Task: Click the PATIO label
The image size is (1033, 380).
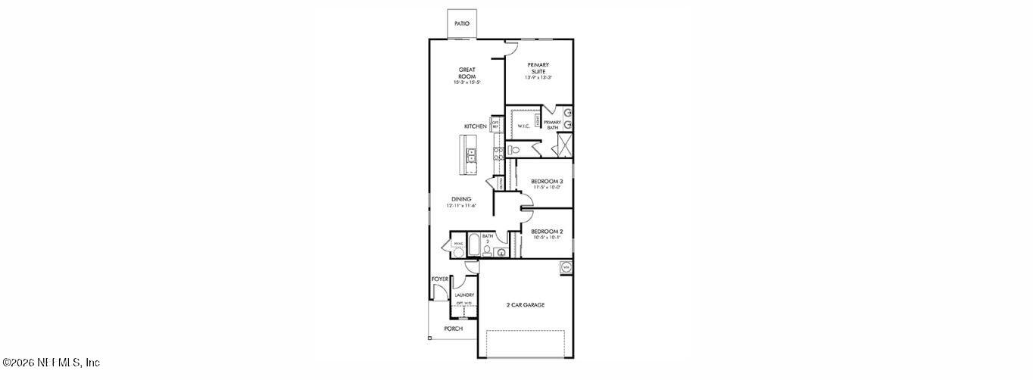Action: tap(461, 23)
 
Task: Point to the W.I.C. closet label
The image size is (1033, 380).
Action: tap(524, 126)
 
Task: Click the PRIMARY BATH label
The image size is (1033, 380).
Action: tap(552, 125)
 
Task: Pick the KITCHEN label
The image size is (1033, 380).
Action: tap(476, 126)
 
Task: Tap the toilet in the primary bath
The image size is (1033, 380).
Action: tap(515, 150)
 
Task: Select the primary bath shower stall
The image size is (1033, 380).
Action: tap(565, 144)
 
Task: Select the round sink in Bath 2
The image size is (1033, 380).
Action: tap(501, 253)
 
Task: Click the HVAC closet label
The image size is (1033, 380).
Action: tap(457, 244)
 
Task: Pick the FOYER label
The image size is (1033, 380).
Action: tap(440, 279)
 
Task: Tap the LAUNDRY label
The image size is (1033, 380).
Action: tap(464, 295)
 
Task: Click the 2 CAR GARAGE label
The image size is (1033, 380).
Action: tap(526, 305)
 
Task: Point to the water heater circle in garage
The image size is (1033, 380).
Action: tap(565, 267)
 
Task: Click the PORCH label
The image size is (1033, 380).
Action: tap(453, 329)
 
